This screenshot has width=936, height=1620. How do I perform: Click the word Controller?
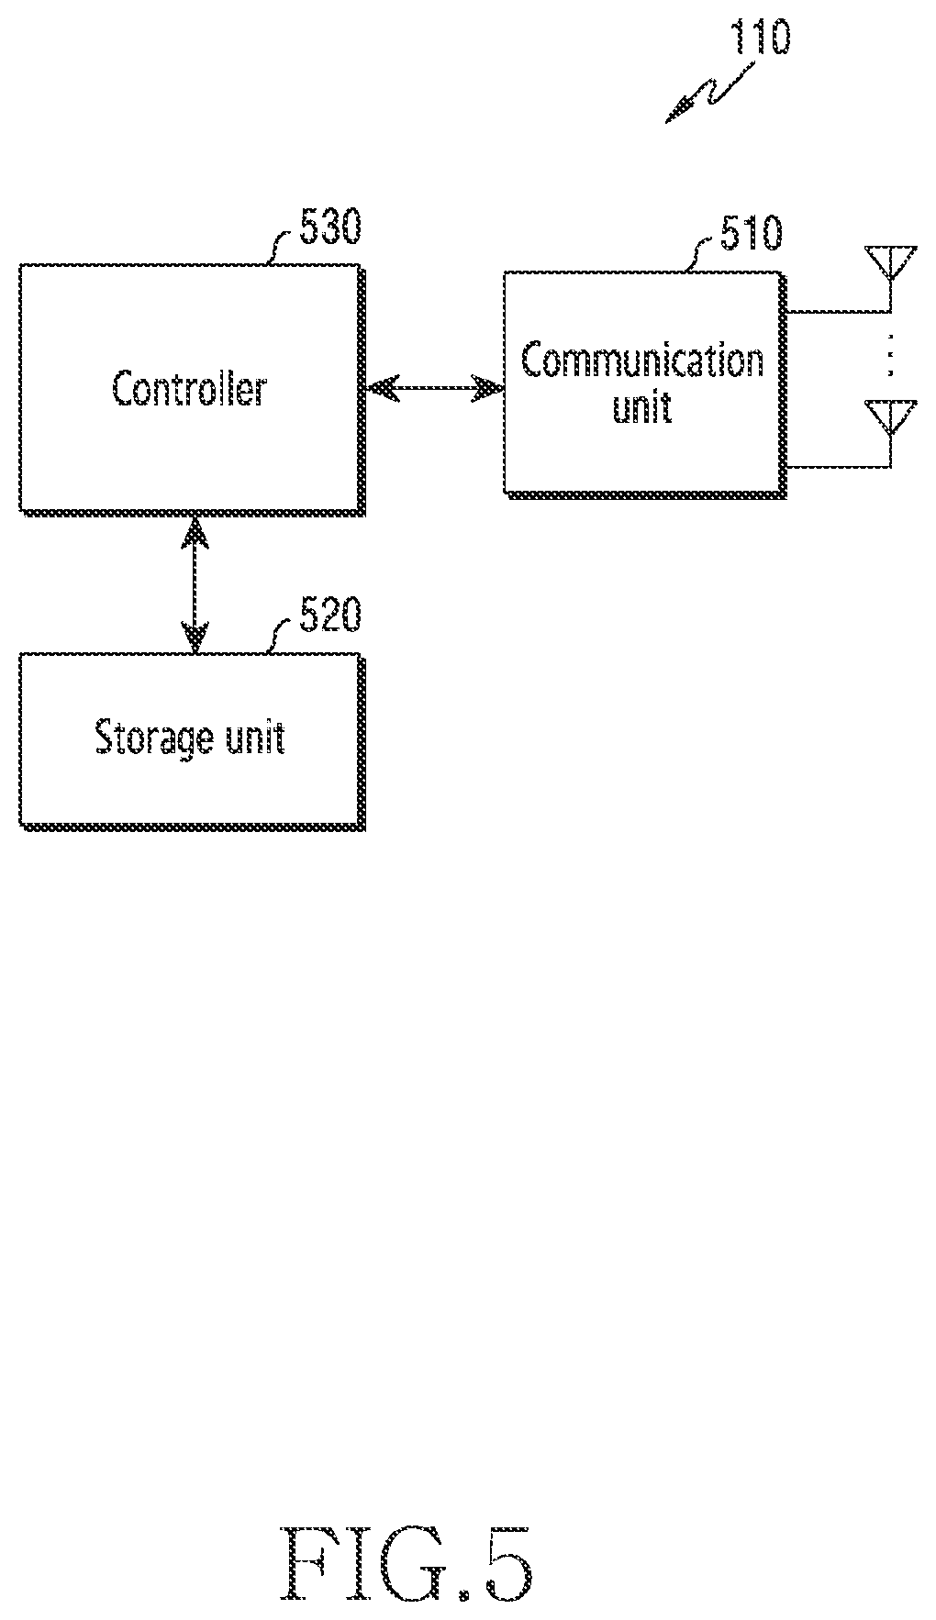pos(189,389)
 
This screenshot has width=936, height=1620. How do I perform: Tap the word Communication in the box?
pos(642,361)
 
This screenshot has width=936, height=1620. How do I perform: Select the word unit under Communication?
pos(642,405)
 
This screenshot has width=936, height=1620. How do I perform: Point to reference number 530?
pos(330,227)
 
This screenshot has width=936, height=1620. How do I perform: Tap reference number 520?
pos(330,616)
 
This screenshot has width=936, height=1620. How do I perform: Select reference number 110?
pos(759,38)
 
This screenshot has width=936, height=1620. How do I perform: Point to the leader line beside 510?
pos(704,253)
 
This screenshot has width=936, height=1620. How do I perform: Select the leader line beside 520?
pos(282,635)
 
